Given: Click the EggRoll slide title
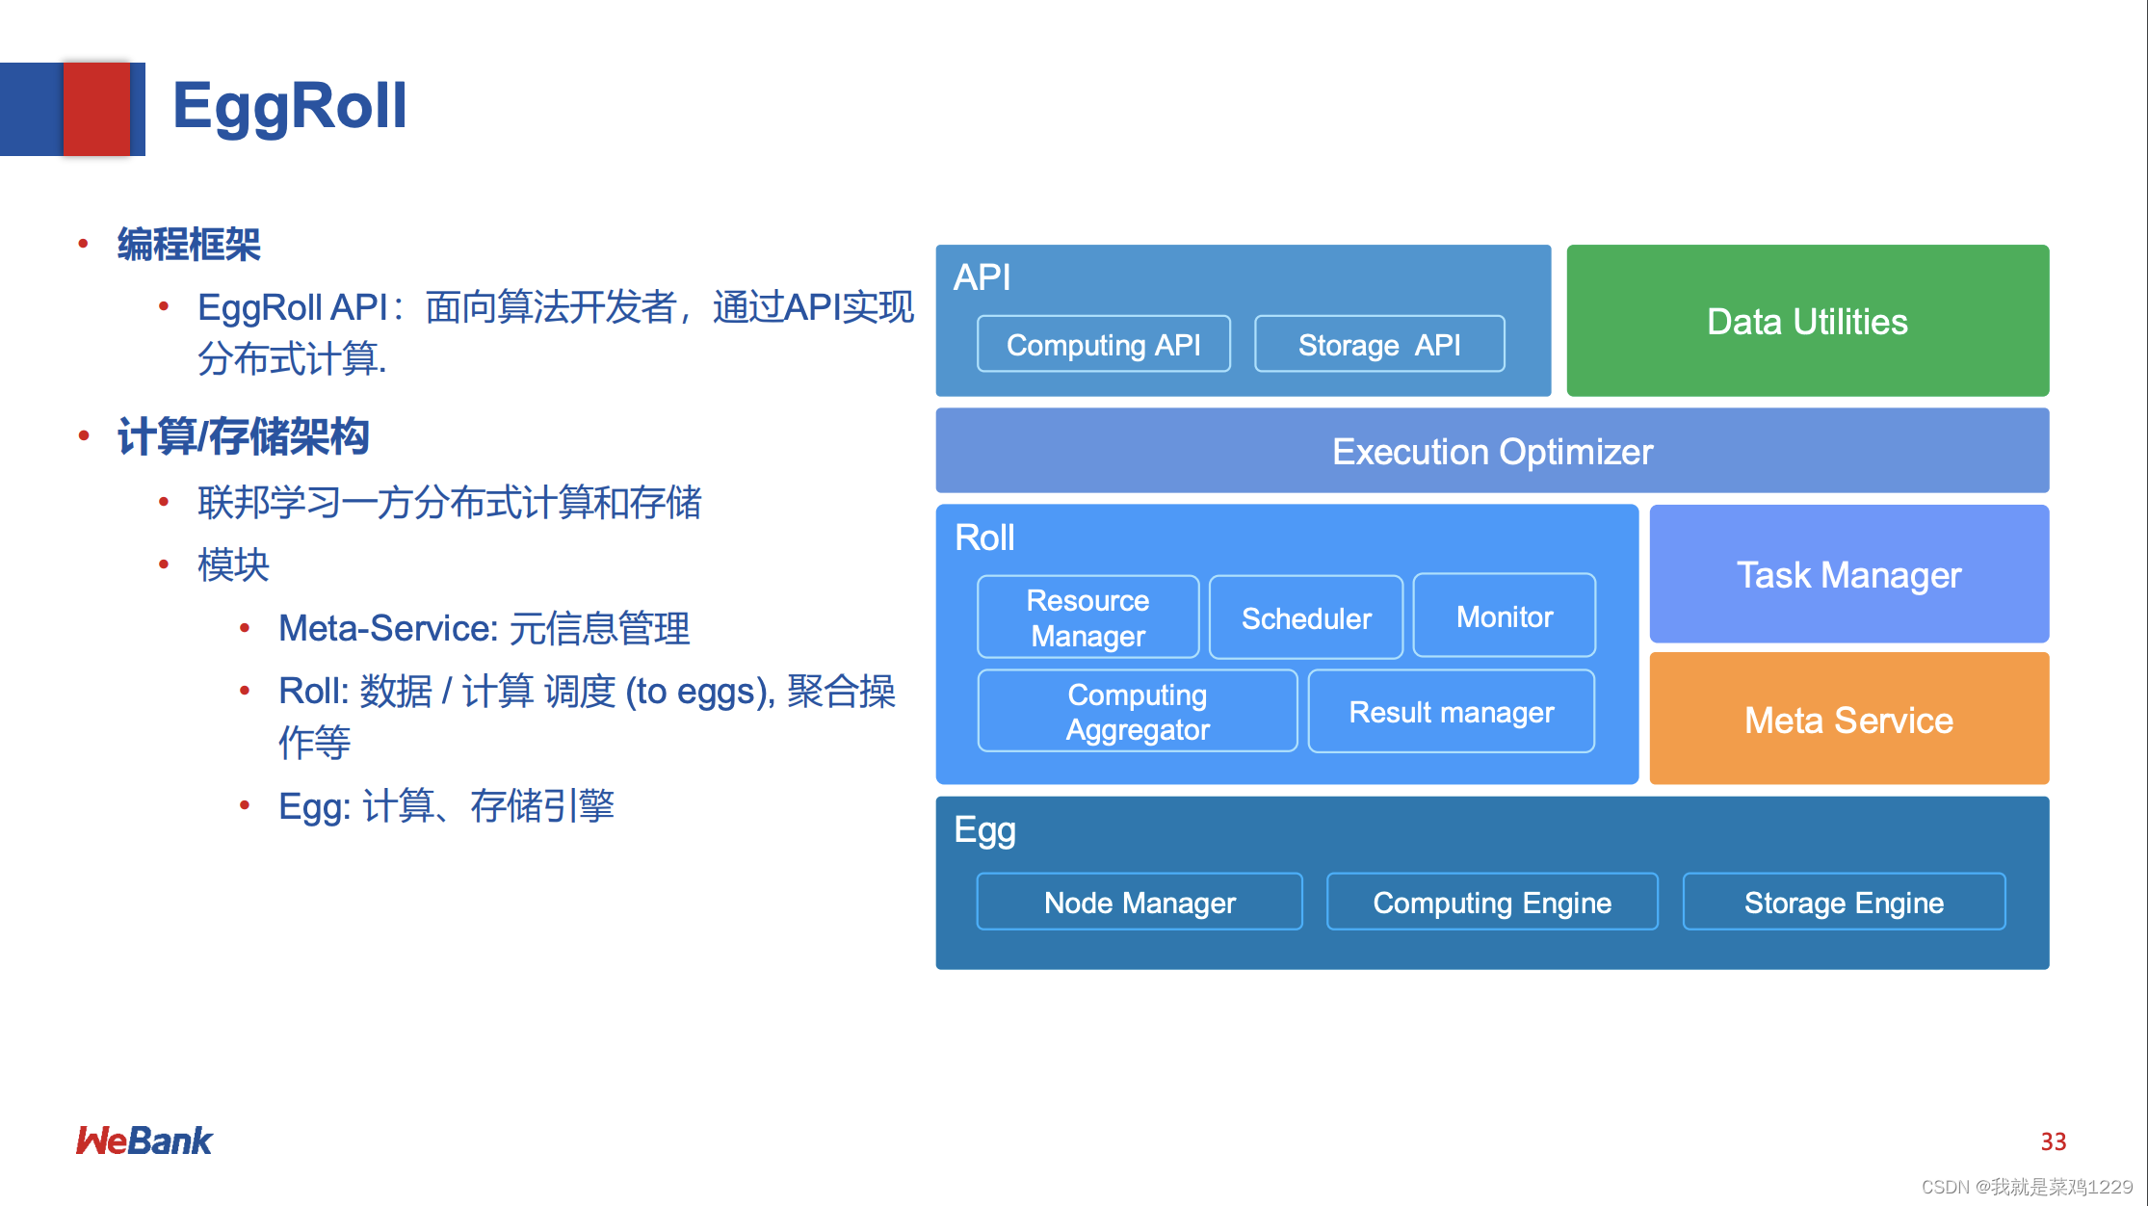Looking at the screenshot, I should [x=289, y=106].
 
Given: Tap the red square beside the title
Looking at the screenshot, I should [x=96, y=109].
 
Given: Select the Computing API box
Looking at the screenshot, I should [x=1103, y=344].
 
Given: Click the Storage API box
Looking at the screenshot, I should [x=1378, y=344].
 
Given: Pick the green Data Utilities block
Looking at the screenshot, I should [x=1807, y=321].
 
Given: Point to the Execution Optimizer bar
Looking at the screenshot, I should [x=1491, y=451].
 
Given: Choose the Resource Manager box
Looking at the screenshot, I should [x=1087, y=617].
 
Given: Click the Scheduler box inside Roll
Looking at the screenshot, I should [x=1305, y=617].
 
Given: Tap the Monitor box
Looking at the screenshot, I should [x=1504, y=616].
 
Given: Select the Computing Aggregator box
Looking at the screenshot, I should [x=1137, y=711].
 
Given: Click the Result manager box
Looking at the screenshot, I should [x=1451, y=711].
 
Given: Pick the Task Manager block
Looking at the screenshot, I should [x=1847, y=574].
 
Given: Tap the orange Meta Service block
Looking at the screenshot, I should [x=1847, y=720].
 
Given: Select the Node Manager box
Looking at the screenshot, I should [x=1139, y=902].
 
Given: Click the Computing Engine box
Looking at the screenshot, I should [x=1491, y=902].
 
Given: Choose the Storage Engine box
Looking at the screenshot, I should [x=1843, y=902].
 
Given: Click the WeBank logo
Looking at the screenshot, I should [x=144, y=1140].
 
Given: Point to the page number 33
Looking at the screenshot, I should [x=2053, y=1141].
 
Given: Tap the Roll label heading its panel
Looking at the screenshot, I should [x=983, y=537].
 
